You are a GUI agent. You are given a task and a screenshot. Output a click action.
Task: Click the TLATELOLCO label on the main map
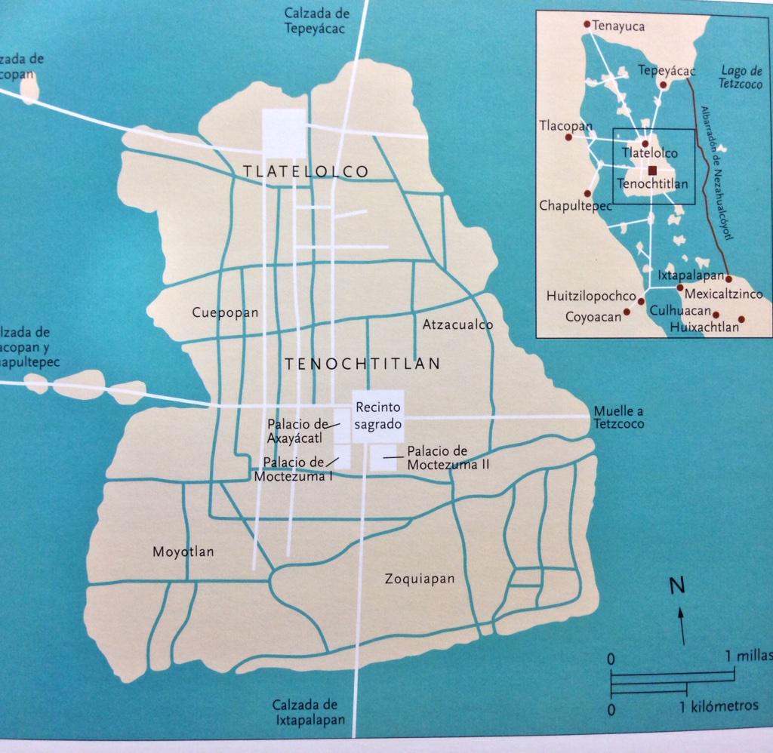(306, 172)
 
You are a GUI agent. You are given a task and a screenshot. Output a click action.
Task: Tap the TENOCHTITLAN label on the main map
(362, 364)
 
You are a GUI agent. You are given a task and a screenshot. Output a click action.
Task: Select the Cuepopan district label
(225, 312)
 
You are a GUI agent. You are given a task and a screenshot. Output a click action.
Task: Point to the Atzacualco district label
(457, 325)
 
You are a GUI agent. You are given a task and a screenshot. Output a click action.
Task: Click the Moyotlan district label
(183, 552)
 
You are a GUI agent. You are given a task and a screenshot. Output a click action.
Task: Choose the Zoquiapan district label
(420, 579)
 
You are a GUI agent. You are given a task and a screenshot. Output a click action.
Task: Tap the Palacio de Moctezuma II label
(448, 458)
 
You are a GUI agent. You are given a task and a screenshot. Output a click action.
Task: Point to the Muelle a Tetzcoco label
(619, 417)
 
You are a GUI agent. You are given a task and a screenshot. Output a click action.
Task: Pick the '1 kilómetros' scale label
(719, 707)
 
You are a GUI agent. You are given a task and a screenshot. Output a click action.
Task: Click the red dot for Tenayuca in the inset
(587, 24)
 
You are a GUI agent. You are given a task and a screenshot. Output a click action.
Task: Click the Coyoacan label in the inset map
(593, 317)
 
